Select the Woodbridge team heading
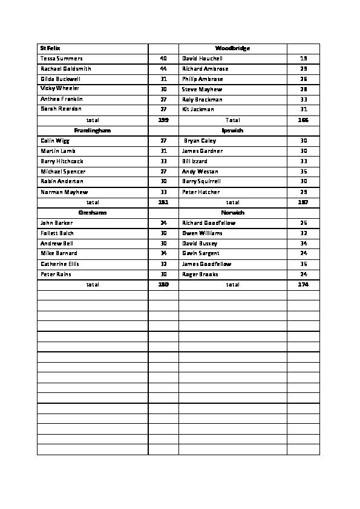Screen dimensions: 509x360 (232, 48)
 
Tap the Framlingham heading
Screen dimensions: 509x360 (93, 130)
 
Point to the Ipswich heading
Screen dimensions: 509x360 (232, 130)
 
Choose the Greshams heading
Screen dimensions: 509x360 (93, 213)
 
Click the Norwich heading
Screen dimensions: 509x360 (232, 213)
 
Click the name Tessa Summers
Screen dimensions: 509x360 (61, 59)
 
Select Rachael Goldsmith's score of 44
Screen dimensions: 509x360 (163, 69)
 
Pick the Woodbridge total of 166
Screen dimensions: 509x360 (303, 120)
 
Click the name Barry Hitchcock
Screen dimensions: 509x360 (62, 161)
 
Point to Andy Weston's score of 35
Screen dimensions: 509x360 (304, 172)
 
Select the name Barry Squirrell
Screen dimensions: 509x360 (201, 181)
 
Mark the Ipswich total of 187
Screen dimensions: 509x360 (303, 203)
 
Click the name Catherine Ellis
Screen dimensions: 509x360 (60, 264)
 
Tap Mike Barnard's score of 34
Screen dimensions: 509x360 (163, 253)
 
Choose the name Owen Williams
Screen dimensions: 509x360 (202, 233)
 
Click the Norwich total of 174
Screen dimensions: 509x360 (303, 284)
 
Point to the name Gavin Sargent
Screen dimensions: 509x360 (201, 253)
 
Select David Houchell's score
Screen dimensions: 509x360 (304, 59)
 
